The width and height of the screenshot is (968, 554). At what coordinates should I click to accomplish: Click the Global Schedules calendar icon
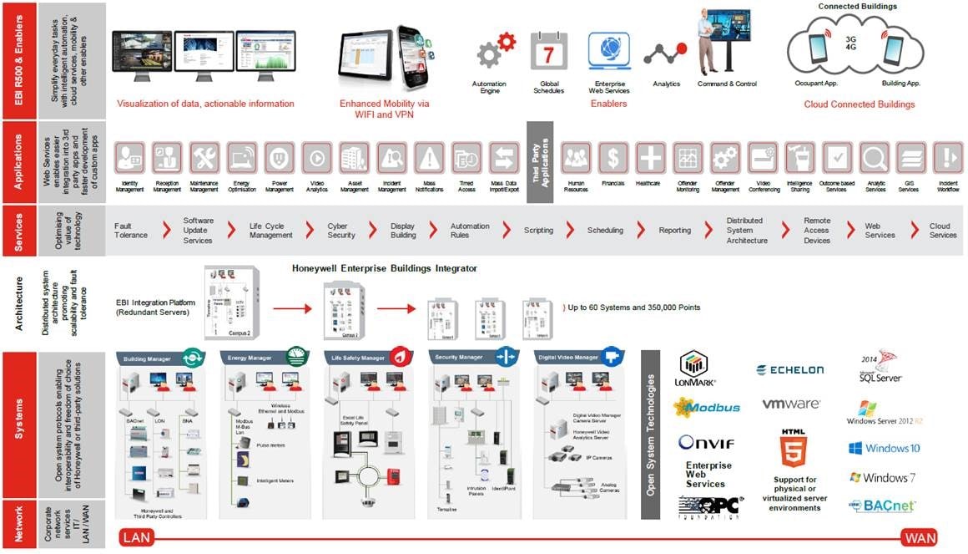549,52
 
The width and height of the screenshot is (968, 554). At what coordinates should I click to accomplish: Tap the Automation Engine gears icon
495,52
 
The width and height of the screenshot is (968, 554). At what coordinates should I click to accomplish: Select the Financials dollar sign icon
613,158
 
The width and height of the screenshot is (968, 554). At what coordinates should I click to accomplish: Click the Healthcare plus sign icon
650,158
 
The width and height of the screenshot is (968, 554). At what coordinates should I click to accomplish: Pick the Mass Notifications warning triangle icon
429,158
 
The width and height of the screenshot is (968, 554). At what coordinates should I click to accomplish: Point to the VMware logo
790,404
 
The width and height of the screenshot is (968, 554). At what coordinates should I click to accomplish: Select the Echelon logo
789,369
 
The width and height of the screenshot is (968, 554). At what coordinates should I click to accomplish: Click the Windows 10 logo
884,448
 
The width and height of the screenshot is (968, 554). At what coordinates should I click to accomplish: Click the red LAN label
138,537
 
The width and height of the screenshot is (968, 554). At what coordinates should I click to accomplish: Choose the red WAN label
918,537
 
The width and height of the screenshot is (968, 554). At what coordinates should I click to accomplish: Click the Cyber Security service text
341,231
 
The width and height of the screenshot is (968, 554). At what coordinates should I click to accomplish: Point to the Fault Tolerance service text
131,231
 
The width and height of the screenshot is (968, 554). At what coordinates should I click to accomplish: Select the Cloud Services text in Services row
943,231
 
